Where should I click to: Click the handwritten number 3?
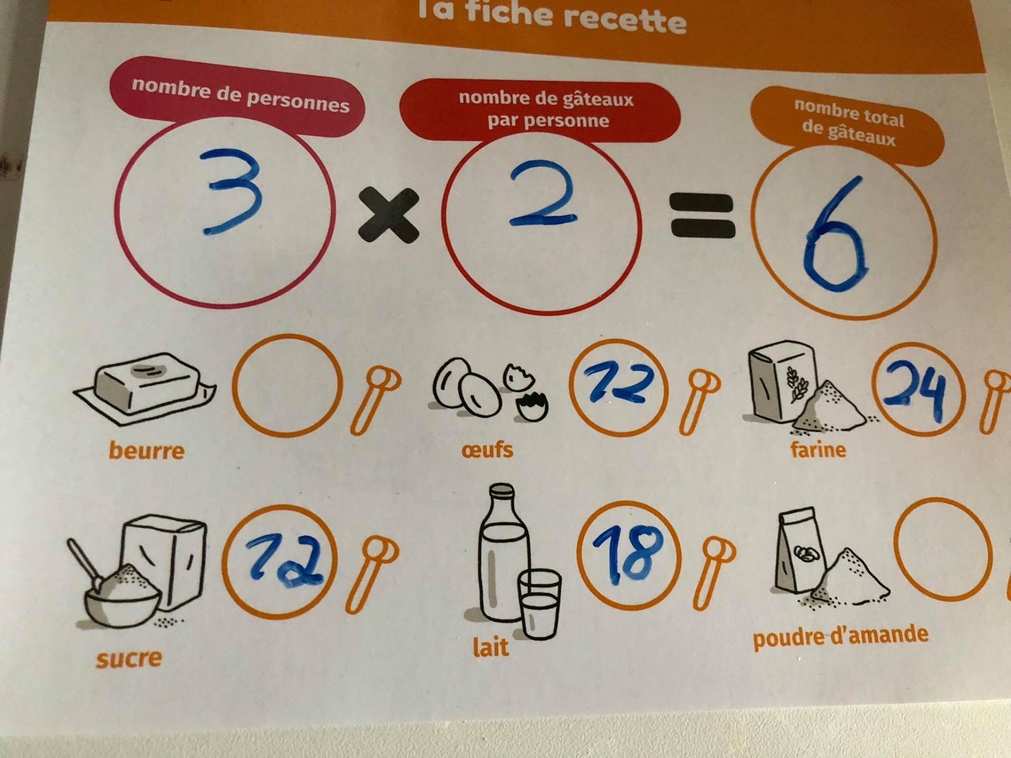tap(232, 191)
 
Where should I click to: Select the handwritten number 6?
tap(837, 235)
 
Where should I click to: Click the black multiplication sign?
tap(389, 215)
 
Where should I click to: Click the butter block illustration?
tap(145, 387)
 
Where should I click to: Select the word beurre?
tap(146, 451)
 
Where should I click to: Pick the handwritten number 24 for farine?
tap(915, 391)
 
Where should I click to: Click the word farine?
tap(818, 450)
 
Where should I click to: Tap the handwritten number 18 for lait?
tap(628, 556)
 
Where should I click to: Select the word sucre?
tap(129, 659)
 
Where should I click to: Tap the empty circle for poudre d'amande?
tap(943, 500)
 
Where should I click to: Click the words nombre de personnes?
tap(241, 95)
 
